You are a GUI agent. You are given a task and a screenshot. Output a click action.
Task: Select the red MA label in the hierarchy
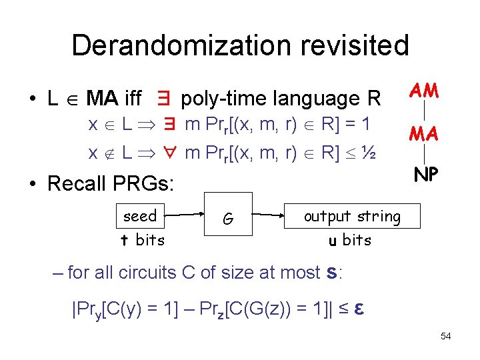point(424,135)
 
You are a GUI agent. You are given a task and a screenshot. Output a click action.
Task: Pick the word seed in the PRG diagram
point(140,216)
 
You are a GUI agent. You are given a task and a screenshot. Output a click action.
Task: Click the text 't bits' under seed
point(142,240)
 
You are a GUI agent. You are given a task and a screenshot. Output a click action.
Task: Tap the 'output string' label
point(352,217)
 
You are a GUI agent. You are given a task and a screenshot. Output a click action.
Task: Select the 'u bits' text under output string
point(350,240)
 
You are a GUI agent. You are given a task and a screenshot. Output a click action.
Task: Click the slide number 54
point(445,336)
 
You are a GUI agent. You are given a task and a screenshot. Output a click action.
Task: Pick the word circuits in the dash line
point(155,272)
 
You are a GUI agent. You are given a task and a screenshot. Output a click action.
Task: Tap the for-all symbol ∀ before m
point(171,153)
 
